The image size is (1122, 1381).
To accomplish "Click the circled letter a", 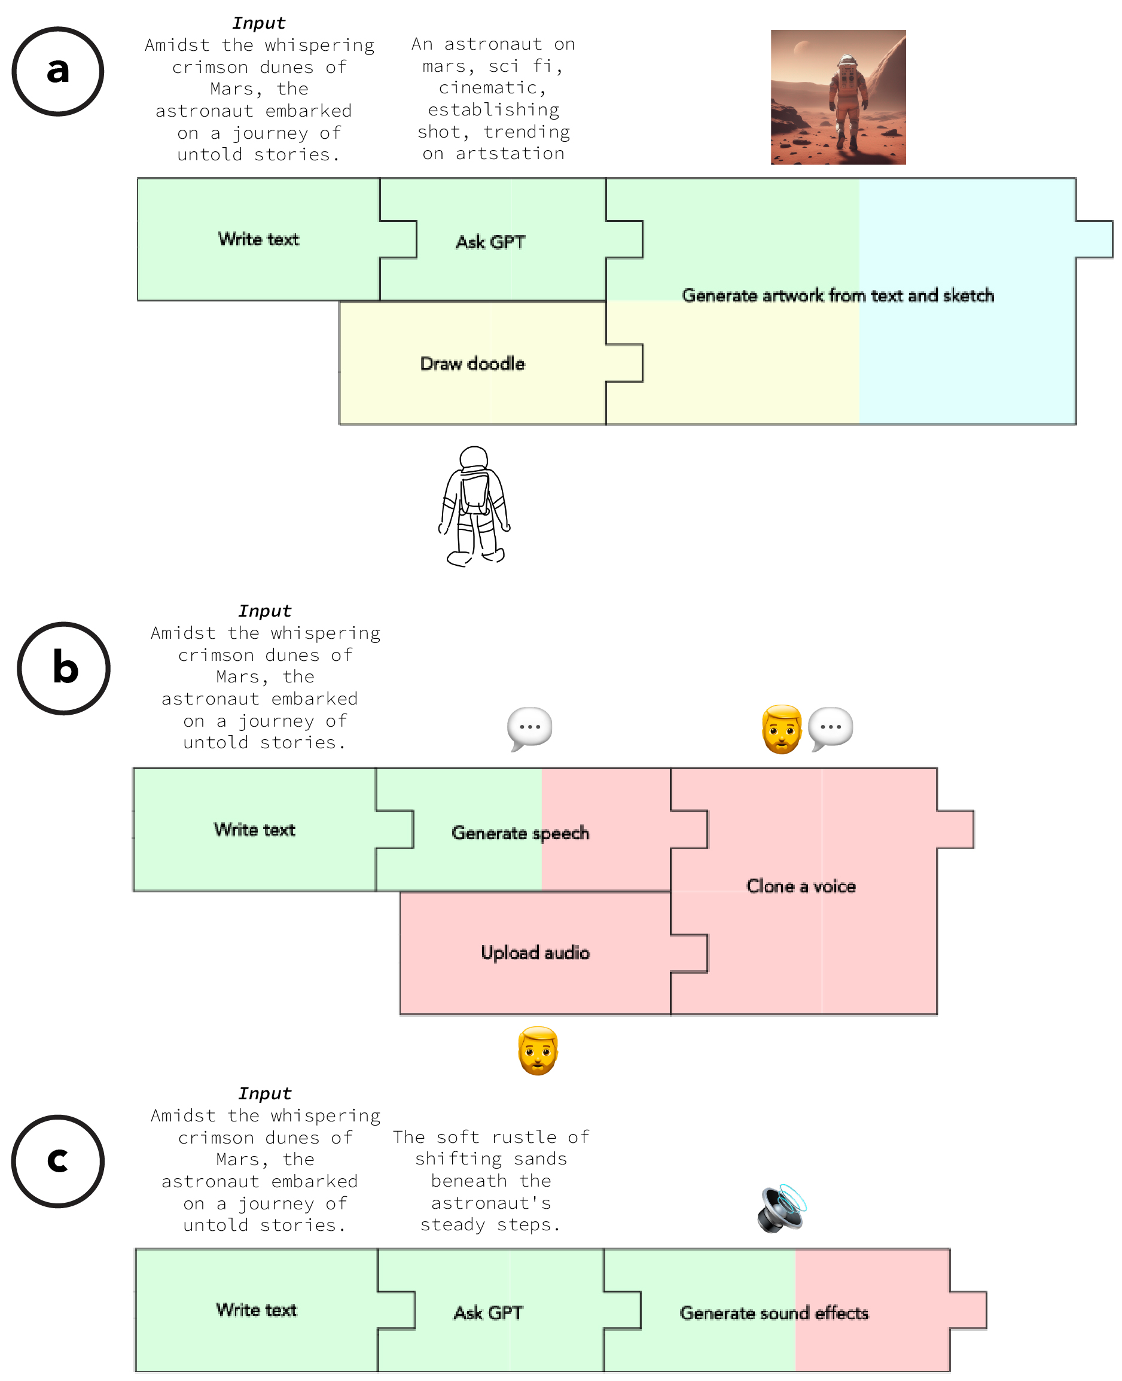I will pos(57,71).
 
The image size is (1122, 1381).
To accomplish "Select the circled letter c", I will pos(57,1161).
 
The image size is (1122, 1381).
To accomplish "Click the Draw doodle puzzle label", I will pos(472,364).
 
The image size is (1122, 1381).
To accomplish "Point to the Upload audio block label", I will pos(535,953).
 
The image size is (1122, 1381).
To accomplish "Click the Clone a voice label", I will pos(801,886).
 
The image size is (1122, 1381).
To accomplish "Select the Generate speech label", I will pos(520,833).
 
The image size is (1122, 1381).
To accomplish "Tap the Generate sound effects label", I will pos(774,1313).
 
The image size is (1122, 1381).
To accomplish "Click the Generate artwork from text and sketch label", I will pos(838,295).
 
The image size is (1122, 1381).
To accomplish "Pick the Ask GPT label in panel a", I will pos(490,242).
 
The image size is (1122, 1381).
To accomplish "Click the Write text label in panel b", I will pos(255,830).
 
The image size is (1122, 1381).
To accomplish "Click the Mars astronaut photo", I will pos(839,97).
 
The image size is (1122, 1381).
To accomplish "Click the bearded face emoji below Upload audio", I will pos(538,1051).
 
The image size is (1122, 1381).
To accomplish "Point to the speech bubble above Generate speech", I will pos(530,728).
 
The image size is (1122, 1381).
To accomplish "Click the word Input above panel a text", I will pos(258,23).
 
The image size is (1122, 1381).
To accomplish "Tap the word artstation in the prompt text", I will pos(510,154).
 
